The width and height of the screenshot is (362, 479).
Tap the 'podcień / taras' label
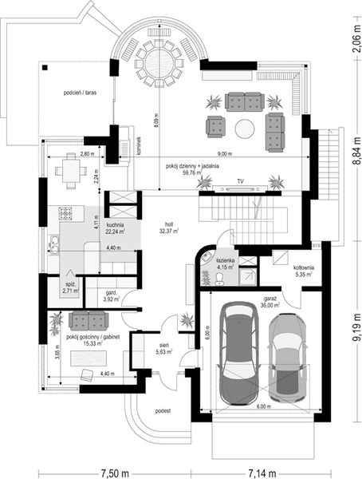tap(82, 92)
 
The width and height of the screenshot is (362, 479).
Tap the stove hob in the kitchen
tap(65, 214)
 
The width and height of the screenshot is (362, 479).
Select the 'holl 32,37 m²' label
tap(168, 228)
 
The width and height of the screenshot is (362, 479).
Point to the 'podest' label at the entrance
tap(164, 410)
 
